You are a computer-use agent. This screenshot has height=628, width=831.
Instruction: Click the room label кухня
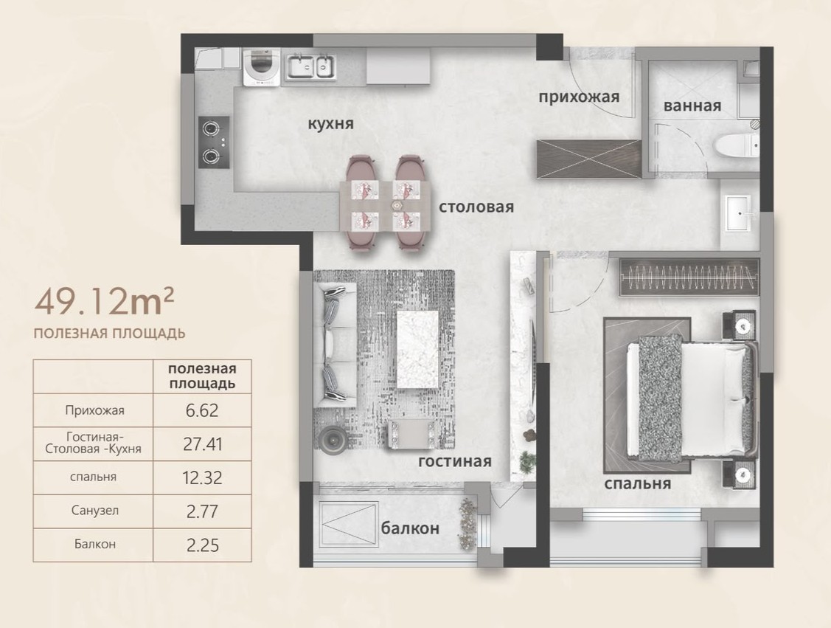pyautogui.click(x=330, y=124)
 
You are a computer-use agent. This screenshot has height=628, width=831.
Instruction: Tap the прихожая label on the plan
pyautogui.click(x=579, y=97)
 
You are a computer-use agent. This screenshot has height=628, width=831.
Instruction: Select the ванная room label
pyautogui.click(x=692, y=106)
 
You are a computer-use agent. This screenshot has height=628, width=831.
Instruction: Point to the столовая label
pyautogui.click(x=476, y=207)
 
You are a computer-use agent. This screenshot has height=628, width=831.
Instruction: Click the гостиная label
pyautogui.click(x=455, y=461)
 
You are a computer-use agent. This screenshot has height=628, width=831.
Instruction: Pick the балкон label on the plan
pyautogui.click(x=410, y=528)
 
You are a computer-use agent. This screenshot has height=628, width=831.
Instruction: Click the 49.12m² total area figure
pyautogui.click(x=105, y=301)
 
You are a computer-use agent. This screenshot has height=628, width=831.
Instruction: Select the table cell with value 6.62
pyautogui.click(x=202, y=410)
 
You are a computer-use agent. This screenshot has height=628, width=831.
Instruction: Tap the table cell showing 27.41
pyautogui.click(x=202, y=444)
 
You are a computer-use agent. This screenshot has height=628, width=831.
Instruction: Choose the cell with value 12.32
pyautogui.click(x=202, y=478)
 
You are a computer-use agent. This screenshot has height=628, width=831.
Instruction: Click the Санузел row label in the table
pyautogui.click(x=95, y=511)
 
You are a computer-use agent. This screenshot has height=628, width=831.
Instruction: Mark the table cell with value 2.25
pyautogui.click(x=202, y=545)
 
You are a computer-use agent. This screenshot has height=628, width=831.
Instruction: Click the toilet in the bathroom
pyautogui.click(x=736, y=145)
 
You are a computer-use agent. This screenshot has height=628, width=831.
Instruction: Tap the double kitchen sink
pyautogui.click(x=312, y=68)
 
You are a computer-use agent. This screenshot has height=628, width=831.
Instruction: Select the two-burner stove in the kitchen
pyautogui.click(x=214, y=142)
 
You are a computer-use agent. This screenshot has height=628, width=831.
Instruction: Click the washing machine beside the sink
pyautogui.click(x=261, y=66)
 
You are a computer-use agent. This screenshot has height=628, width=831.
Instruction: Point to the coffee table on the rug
pyautogui.click(x=417, y=349)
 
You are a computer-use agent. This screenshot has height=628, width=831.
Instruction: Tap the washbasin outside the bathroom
pyautogui.click(x=737, y=213)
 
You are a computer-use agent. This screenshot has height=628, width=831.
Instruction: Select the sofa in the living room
pyautogui.click(x=335, y=345)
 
